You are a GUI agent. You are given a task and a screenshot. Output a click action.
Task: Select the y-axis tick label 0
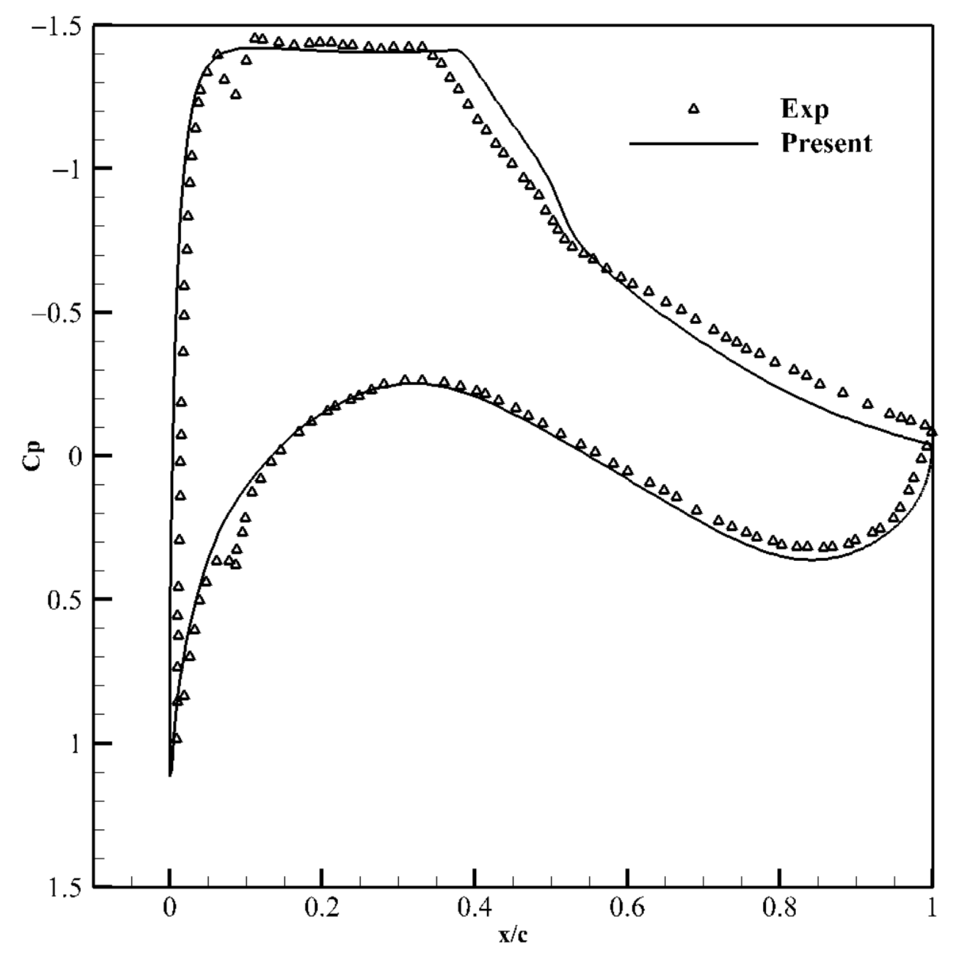click(x=76, y=457)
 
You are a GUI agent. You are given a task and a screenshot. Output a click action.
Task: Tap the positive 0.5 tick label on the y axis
click(x=64, y=600)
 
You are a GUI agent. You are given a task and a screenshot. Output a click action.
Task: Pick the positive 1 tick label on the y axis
click(x=76, y=744)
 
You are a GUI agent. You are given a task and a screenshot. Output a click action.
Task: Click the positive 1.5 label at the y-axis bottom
click(x=64, y=888)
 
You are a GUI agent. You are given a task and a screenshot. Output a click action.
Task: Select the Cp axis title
click(x=33, y=455)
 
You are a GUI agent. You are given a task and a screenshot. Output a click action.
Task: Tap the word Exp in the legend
click(x=805, y=109)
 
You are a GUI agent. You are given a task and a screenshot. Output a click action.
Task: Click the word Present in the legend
click(x=827, y=143)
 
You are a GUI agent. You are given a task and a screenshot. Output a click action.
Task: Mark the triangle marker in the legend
click(x=694, y=108)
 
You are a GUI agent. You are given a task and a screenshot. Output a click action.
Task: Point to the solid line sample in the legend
click(x=694, y=143)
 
